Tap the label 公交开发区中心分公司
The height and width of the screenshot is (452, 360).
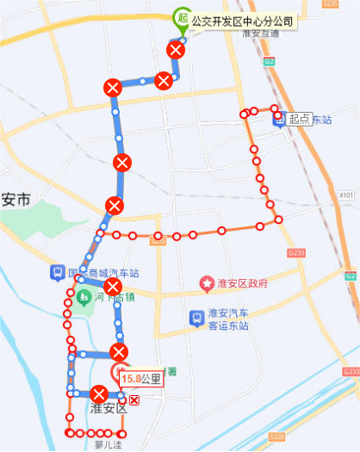(243, 20)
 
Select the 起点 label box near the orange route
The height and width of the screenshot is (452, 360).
(299, 119)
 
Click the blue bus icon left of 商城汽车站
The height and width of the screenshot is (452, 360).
(56, 274)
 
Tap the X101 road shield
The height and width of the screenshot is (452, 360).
(347, 196)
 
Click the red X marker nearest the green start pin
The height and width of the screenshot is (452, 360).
(176, 51)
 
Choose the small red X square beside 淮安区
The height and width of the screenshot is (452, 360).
(133, 400)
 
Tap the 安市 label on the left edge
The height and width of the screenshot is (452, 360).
(16, 201)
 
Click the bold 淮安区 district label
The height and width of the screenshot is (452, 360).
(109, 408)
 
